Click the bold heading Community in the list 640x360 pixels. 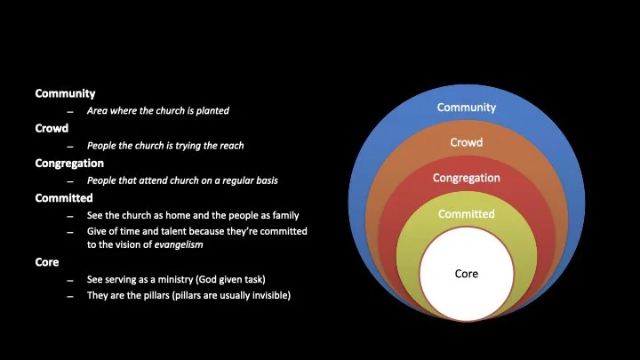[x=65, y=93]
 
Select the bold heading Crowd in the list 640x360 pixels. [x=52, y=128]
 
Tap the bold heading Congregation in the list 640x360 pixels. [x=69, y=164]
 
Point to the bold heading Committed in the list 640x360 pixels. [x=64, y=198]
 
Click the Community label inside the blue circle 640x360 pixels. [x=467, y=108]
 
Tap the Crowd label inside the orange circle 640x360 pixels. [x=467, y=142]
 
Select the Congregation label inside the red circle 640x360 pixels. [x=467, y=178]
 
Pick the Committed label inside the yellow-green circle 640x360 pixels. [x=467, y=214]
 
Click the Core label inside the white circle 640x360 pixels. [x=467, y=274]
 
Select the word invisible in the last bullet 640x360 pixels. [x=267, y=295]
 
